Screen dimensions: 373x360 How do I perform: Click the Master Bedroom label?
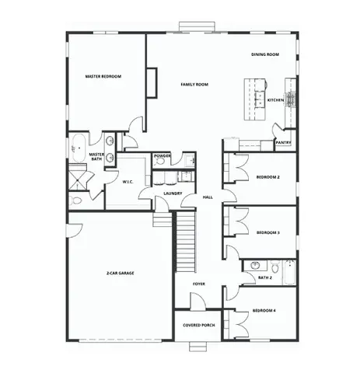click(103, 76)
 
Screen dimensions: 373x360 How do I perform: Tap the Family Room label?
click(194, 84)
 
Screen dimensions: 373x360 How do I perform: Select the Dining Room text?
click(264, 54)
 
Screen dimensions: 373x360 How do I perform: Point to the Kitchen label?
click(275, 100)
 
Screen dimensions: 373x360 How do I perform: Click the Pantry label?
click(284, 142)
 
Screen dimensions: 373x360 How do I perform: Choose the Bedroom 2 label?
click(267, 177)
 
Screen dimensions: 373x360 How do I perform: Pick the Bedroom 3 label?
click(267, 232)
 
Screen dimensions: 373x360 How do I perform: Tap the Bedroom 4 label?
click(264, 312)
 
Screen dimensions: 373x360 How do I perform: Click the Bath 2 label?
click(264, 277)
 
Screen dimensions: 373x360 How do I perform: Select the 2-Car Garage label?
click(121, 274)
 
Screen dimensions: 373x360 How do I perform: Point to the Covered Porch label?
click(199, 325)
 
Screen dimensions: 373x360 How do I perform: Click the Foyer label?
click(200, 284)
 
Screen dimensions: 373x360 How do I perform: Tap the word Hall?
click(208, 197)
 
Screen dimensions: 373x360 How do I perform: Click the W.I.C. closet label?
click(129, 181)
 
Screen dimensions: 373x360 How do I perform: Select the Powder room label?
click(163, 155)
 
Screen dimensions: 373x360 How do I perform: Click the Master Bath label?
click(97, 156)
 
